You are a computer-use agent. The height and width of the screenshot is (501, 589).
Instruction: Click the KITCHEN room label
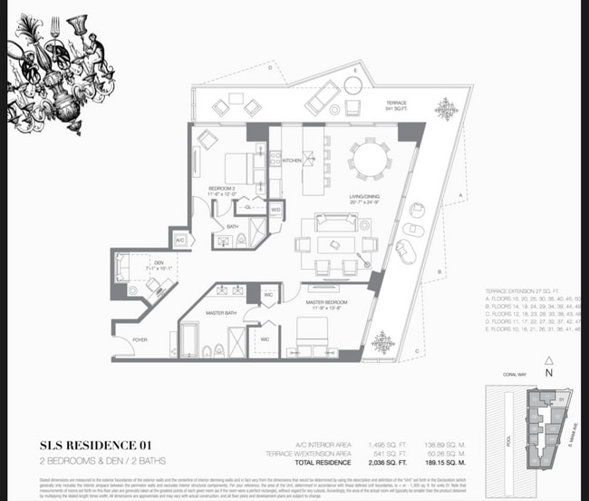292,161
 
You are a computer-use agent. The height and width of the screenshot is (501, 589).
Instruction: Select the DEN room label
159,262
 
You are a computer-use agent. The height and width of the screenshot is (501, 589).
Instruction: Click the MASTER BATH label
220,313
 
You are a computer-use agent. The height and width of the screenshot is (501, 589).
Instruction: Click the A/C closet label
180,241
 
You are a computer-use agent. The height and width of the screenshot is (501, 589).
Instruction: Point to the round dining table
372,160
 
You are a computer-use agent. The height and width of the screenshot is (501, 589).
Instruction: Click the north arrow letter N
548,371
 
